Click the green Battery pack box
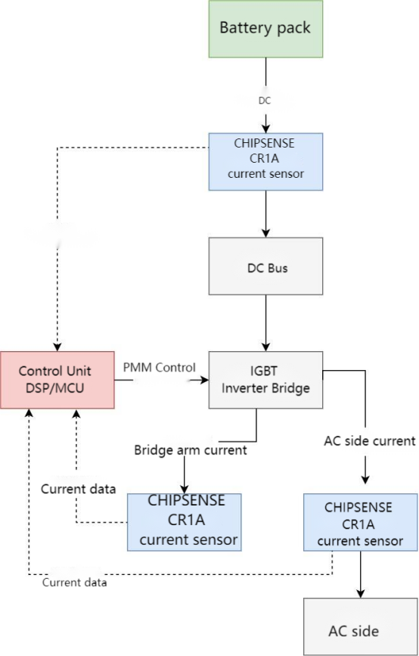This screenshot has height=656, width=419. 265,29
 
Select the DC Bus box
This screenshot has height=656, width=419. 265,266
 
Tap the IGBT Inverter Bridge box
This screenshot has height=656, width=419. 265,381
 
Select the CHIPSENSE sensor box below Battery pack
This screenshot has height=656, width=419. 265,161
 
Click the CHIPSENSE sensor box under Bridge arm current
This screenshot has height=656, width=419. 184,521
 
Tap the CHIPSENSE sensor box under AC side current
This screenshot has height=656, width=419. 360,523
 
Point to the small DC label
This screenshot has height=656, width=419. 265,100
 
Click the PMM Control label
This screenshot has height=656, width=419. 159,368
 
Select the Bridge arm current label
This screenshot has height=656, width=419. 191,450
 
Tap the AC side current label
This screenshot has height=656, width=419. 370,440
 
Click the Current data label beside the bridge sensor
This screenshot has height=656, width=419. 79,489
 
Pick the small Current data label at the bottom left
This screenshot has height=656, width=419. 74,583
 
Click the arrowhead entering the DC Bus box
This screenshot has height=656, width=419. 265,233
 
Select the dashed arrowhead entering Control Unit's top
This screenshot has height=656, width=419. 57,347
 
